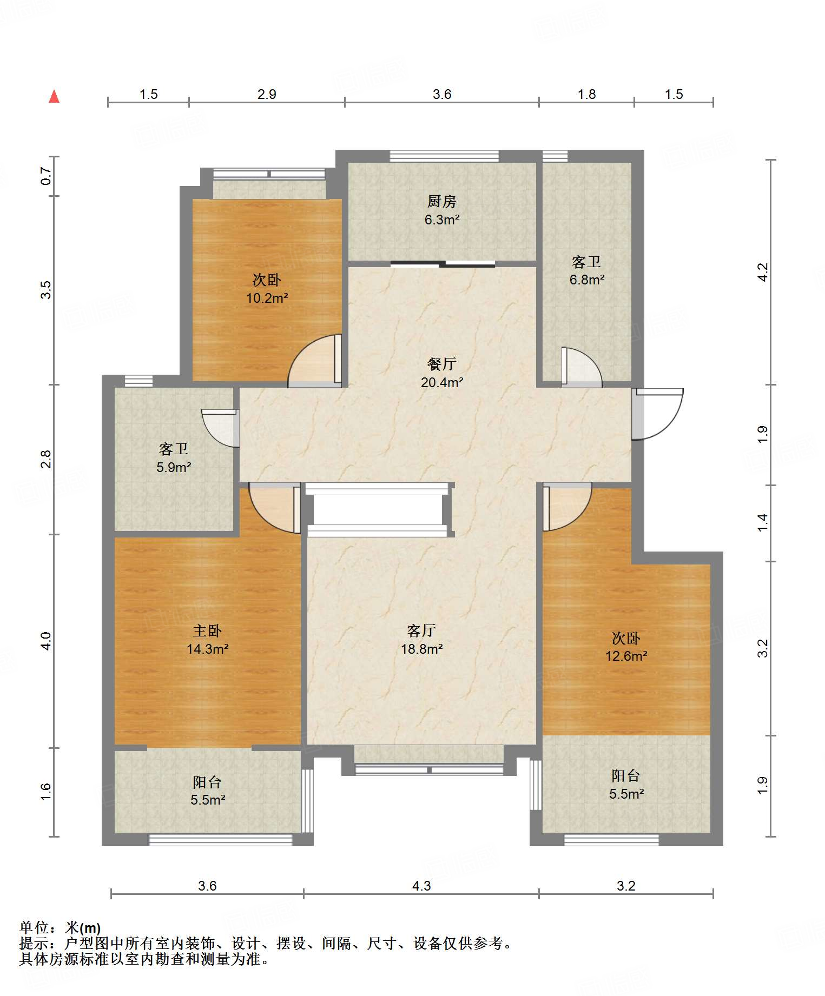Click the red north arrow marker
tap(54, 97)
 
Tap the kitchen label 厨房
tap(442, 202)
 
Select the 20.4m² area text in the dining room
tap(442, 383)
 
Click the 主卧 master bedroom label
tap(207, 630)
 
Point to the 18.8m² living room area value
tap(422, 649)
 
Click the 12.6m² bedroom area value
tap(626, 656)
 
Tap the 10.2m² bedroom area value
tap(267, 298)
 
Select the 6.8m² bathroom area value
tap(587, 280)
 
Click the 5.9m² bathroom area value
tap(174, 468)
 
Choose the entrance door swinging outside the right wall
tap(658, 414)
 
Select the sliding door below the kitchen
tap(443, 264)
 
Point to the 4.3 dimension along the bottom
tap(421, 886)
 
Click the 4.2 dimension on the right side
tap(762, 272)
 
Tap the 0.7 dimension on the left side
tap(46, 176)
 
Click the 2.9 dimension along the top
tap(267, 95)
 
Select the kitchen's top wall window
tap(444, 156)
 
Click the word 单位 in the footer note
tap(34, 928)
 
